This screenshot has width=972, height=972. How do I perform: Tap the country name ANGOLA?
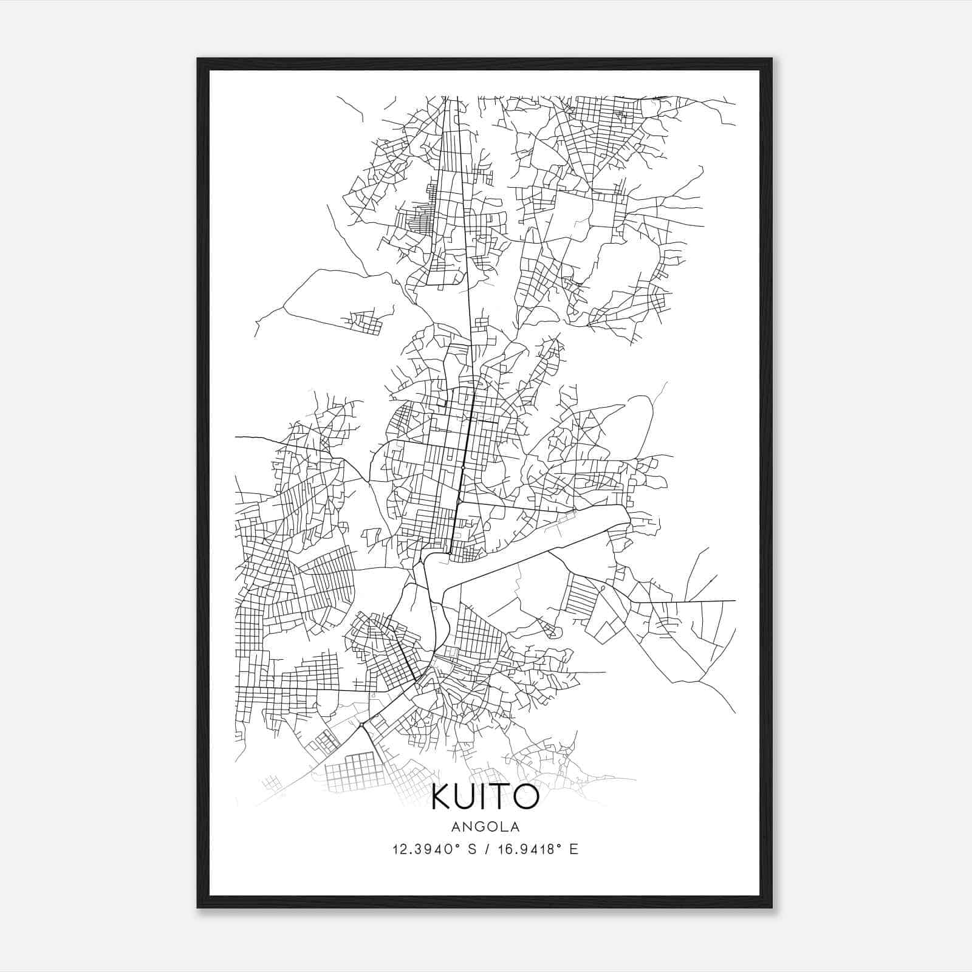tap(485, 826)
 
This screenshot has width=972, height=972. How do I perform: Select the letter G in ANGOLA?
tap(480, 826)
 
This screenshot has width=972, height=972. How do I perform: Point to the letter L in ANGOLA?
tap(504, 826)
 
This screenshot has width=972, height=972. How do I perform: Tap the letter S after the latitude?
tap(471, 849)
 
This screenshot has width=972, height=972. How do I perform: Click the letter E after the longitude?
tap(574, 849)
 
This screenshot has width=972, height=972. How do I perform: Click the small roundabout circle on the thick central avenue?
tap(463, 467)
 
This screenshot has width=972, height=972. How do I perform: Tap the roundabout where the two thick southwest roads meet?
tap(361, 724)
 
